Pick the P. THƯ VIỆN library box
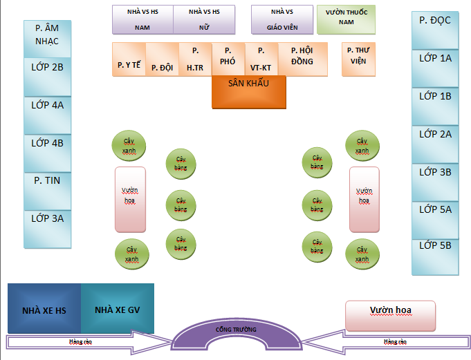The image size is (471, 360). tap(359, 59)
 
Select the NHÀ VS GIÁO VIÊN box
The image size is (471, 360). tap(281, 20)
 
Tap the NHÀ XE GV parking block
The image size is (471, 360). tap(118, 308)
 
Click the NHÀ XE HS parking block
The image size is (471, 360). tap(44, 308)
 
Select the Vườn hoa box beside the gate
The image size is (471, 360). tap(390, 315)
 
